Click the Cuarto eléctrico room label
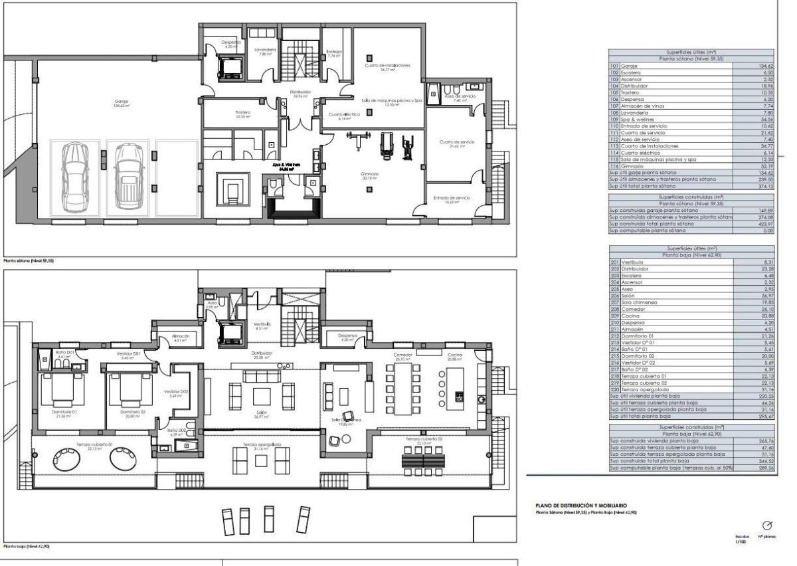tap(344, 116)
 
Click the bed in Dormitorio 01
tap(62, 391)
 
